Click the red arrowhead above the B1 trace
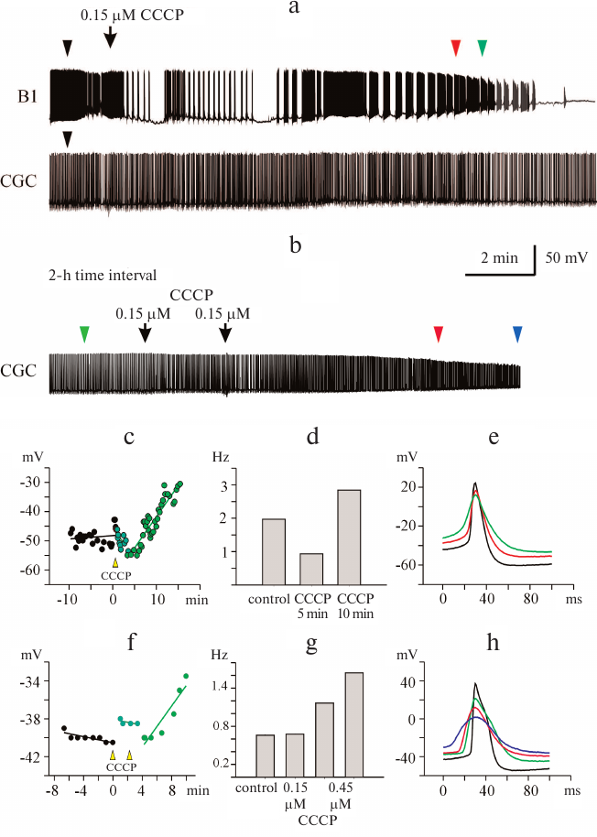tap(456, 48)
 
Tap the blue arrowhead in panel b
tap(517, 335)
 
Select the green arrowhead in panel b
tap(84, 335)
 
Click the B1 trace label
tap(26, 95)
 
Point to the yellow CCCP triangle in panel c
tap(114, 563)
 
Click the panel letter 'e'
tap(494, 438)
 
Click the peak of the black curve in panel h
tap(475, 683)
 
